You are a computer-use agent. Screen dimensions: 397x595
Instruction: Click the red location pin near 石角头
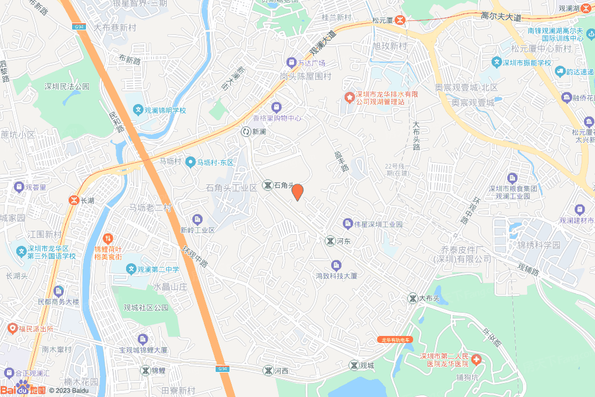[297, 192]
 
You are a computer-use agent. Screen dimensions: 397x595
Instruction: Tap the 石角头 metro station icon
[267, 185]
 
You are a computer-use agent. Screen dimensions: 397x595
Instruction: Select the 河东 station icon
[329, 241]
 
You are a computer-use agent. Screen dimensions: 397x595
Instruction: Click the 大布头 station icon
[413, 298]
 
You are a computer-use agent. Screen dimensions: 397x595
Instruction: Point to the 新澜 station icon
[246, 132]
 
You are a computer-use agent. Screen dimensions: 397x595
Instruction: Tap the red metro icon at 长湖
[74, 200]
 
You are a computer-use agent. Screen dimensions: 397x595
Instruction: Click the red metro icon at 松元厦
[400, 20]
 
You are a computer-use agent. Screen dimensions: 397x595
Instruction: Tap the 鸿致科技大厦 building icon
[336, 266]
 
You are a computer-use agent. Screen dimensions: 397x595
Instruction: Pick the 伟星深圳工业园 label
[378, 224]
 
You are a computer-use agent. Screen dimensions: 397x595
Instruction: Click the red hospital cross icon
[476, 360]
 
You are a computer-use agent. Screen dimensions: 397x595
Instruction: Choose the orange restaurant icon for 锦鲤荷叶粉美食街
[108, 238]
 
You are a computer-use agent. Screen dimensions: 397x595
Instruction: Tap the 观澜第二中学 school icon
[131, 270]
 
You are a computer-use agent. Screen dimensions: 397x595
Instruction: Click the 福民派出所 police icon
[12, 329]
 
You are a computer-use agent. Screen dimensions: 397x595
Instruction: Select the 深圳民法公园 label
[67, 86]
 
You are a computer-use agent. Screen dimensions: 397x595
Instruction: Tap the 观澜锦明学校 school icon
[138, 109]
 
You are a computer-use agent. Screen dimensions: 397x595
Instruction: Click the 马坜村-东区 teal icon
[190, 163]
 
